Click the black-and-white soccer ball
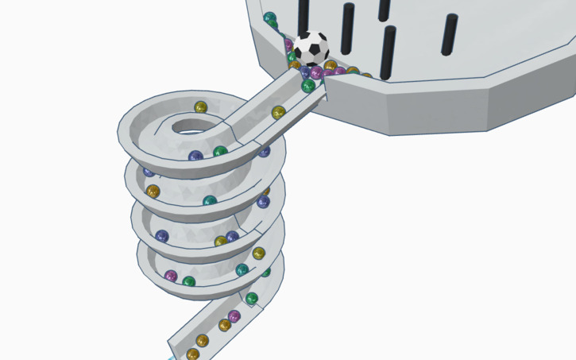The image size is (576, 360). [x=311, y=48]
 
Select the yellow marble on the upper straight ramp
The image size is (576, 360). [x=278, y=113]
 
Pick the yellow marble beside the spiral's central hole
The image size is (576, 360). [x=201, y=107]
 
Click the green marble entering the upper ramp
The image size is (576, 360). [x=308, y=86]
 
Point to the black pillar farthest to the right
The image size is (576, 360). [x=450, y=34]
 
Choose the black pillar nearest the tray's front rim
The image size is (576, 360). [x=388, y=52]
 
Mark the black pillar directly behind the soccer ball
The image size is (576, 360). [x=303, y=16]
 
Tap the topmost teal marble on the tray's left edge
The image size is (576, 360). [x=270, y=18]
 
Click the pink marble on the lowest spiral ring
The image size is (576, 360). [x=171, y=276]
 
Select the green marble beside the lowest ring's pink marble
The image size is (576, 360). [x=189, y=281]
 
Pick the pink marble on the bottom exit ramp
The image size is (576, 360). [x=234, y=317]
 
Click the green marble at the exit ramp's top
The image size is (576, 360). [x=252, y=299]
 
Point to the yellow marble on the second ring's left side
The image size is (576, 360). [x=153, y=192]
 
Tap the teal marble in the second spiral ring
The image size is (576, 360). [x=210, y=201]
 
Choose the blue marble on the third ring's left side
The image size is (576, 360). [x=162, y=236]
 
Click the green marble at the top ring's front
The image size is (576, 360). [x=220, y=152]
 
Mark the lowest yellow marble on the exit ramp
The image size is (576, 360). [x=193, y=354]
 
